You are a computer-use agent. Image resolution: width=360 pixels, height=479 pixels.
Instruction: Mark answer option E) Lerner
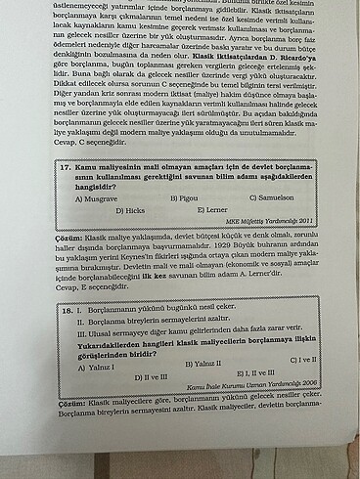[214, 209]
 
